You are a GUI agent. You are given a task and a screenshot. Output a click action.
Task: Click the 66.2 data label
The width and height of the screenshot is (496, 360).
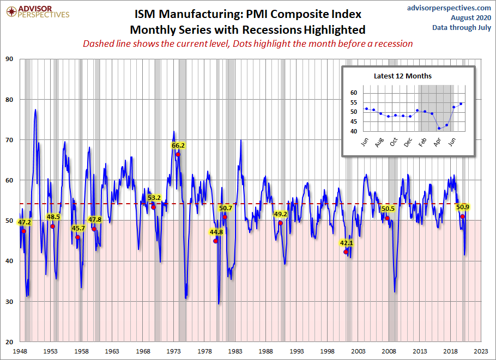tap(178, 145)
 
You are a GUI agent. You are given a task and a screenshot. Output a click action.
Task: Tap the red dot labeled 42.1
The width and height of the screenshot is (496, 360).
tap(346, 252)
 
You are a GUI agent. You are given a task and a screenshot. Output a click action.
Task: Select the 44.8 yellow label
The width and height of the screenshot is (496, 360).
tap(216, 232)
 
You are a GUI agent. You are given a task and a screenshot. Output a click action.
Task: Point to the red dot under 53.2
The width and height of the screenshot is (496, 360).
tap(154, 207)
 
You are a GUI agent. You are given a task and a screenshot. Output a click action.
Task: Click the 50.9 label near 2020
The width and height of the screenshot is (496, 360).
tap(463, 207)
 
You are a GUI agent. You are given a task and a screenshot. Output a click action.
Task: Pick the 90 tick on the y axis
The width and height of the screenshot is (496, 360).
tap(10, 59)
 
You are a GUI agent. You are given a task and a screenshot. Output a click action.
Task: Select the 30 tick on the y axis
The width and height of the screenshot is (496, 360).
tap(10, 301)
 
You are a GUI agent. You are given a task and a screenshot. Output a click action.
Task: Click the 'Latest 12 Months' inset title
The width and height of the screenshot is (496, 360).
tap(403, 76)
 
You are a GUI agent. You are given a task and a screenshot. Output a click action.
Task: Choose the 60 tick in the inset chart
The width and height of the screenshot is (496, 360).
tap(353, 93)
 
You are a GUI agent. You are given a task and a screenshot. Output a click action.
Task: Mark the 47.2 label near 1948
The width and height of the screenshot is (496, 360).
tap(25, 222)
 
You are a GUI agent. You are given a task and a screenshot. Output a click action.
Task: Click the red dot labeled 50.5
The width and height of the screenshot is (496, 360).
tap(388, 218)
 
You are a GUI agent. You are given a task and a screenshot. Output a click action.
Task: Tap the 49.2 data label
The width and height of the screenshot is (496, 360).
tap(281, 213)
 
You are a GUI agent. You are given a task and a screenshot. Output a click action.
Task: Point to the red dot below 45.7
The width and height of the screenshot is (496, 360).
tap(78, 237)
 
